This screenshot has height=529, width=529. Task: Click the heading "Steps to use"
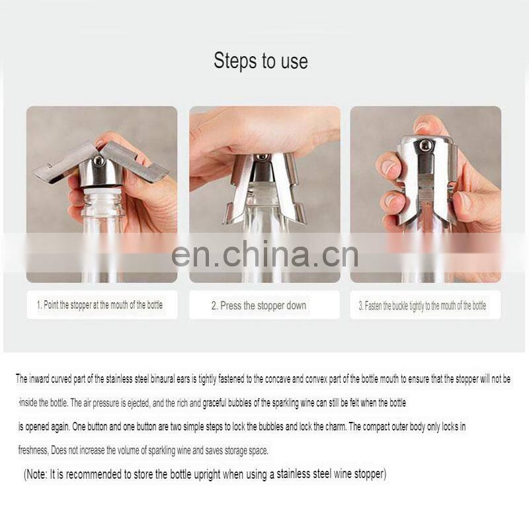[x=261, y=61]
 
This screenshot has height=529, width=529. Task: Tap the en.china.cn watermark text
[x=264, y=254]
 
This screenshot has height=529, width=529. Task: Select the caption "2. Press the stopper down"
[x=259, y=305]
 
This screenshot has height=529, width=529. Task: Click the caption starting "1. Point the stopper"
[x=100, y=305]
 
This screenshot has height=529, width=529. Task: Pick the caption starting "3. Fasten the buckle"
[x=423, y=305]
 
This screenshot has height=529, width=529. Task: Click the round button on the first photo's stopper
[x=99, y=161]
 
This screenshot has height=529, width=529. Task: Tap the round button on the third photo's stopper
[x=426, y=145]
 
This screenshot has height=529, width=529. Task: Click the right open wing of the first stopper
[x=134, y=161]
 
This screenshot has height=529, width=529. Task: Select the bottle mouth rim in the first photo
[x=101, y=192]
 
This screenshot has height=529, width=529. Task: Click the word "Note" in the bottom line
[x=36, y=474]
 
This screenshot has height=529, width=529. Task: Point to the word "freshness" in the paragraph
[x=33, y=450]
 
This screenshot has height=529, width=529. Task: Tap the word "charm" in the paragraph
[x=335, y=427]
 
